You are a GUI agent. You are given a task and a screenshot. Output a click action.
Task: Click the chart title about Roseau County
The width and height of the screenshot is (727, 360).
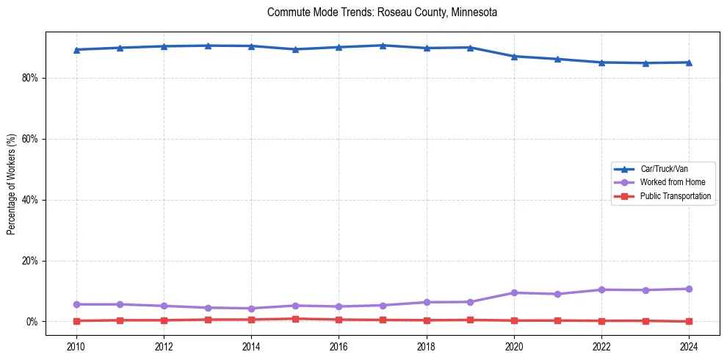click(x=383, y=12)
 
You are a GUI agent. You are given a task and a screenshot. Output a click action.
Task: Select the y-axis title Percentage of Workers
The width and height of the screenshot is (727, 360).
click(x=11, y=184)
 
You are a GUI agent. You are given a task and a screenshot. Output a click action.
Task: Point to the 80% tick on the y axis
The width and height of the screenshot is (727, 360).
click(x=29, y=78)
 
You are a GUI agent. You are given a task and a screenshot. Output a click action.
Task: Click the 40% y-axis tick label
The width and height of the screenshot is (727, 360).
click(x=29, y=200)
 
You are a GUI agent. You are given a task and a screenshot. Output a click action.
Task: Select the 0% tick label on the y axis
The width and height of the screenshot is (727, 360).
click(x=32, y=322)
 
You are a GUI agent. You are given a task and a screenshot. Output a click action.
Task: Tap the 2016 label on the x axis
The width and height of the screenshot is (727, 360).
click(x=339, y=345)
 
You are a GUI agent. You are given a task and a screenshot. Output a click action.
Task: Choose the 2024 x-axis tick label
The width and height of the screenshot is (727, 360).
click(x=689, y=345)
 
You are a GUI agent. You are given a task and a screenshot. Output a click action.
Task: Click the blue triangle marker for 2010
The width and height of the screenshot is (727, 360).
click(x=76, y=50)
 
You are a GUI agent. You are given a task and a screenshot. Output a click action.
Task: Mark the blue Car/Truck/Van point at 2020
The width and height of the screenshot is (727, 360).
click(x=514, y=57)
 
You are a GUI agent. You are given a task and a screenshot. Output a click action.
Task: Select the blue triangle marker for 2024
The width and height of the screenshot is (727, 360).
click(x=689, y=62)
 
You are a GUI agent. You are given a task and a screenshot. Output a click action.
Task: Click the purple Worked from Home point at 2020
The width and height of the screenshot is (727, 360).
click(x=514, y=292)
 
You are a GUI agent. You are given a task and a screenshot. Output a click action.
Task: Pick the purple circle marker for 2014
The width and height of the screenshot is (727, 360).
click(x=251, y=309)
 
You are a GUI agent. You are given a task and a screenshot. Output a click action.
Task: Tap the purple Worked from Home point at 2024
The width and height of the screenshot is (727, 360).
click(x=689, y=289)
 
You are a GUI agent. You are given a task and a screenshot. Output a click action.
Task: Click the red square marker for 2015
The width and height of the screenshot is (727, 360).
click(x=295, y=319)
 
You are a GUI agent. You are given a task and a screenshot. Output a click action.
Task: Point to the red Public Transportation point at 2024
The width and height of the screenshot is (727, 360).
click(x=689, y=321)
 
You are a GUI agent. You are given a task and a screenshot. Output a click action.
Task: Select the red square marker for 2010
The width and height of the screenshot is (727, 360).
click(x=76, y=321)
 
